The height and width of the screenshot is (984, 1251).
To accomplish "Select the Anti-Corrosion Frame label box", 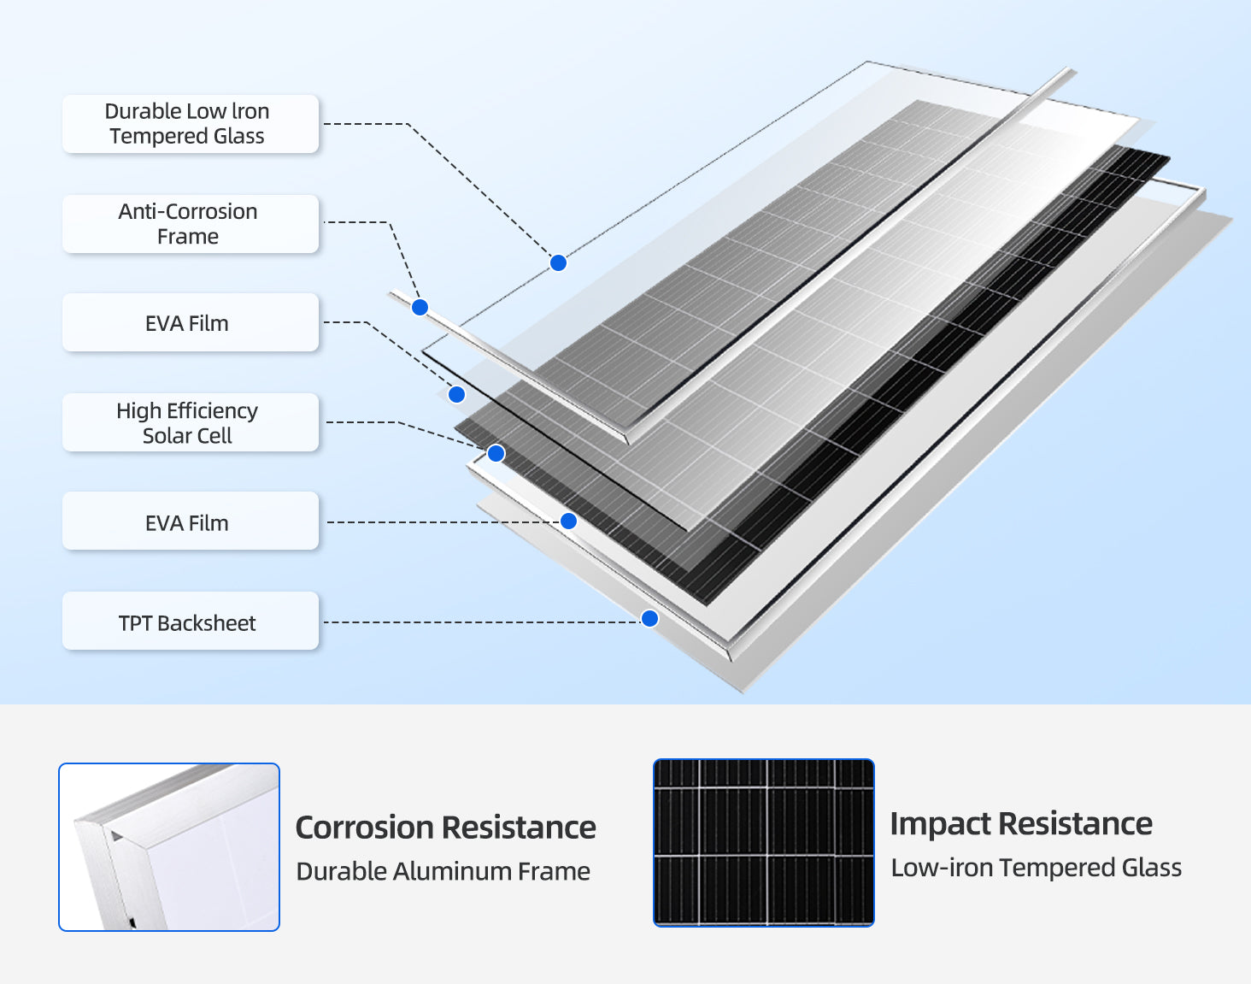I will coord(190,224).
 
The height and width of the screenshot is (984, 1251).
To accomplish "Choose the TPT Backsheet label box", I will coord(190,622).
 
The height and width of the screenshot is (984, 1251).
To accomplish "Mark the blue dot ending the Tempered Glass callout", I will coord(558,262).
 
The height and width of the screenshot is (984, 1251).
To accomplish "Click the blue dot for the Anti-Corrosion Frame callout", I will coord(420,307).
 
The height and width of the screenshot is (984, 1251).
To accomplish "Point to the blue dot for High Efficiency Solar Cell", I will coord(496,453).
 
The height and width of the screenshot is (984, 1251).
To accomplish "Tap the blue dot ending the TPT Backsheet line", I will coord(649,618).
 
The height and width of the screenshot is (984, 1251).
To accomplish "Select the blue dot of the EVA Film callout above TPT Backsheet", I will coord(568,521).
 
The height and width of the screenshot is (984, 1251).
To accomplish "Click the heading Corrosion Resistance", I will coord(445,828).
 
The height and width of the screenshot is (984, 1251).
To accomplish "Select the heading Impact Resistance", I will coord(1021,823).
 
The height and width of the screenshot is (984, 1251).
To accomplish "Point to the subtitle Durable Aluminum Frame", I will coord(443,871).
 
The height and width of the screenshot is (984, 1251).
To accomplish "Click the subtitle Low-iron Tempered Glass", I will coord(1036,868).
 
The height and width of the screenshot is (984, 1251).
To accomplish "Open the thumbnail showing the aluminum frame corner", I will coord(169,846).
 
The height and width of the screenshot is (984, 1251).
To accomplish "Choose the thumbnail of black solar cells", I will coord(763,842).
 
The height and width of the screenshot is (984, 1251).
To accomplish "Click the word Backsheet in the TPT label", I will coord(206,623).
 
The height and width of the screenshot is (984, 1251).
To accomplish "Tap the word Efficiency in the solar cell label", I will coord(211,411).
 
